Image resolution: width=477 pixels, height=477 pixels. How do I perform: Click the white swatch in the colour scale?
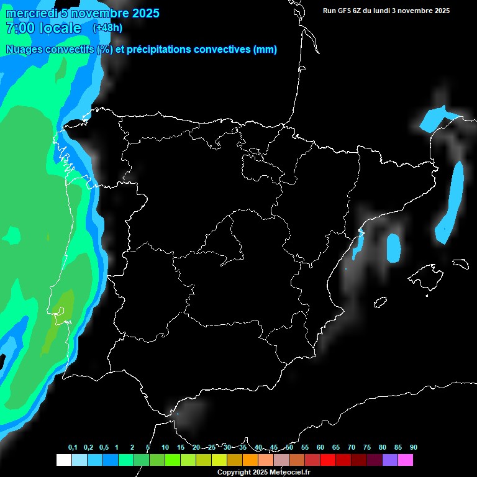pyautogui.click(x=63, y=460)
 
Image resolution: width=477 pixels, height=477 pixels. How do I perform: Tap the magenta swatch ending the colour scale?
pyautogui.click(x=406, y=460)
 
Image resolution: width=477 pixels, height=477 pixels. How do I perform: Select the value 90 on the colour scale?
pyautogui.click(x=413, y=448)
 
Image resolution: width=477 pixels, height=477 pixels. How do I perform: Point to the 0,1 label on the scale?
pyautogui.click(x=73, y=448)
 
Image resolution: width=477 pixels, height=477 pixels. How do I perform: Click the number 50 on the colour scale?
pyautogui.click(x=289, y=448)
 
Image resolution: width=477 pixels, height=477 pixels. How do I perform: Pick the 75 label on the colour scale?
pyautogui.click(x=367, y=448)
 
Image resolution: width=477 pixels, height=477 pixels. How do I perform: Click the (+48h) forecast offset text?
pyautogui.click(x=107, y=28)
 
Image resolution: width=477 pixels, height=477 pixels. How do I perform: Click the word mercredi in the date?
pyautogui.click(x=31, y=13)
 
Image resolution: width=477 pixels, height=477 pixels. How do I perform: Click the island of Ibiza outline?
pyautogui.click(x=379, y=302)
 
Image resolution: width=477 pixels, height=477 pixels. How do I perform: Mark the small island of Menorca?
pyautogui.click(x=460, y=263)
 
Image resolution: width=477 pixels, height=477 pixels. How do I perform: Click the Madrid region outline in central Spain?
pyautogui.click(x=224, y=239)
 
